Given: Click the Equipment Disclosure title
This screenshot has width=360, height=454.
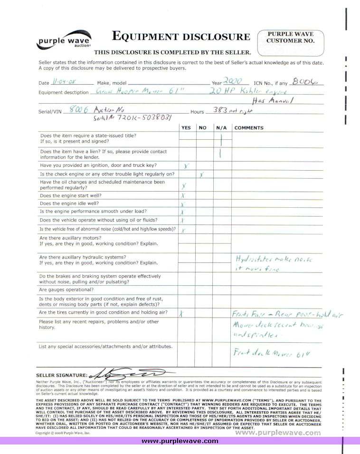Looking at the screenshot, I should pyautogui.click(x=180, y=37).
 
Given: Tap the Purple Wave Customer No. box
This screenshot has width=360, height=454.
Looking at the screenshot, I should pyautogui.click(x=291, y=43).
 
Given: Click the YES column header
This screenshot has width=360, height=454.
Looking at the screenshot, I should pyautogui.click(x=186, y=127).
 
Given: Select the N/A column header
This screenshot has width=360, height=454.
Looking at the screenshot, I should pyautogui.click(x=221, y=127).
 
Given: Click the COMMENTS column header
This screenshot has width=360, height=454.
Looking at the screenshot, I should pyautogui.click(x=249, y=127).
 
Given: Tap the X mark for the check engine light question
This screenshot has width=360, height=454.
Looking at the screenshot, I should pyautogui.click(x=202, y=174).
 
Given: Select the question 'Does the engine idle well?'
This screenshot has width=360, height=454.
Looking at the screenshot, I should pyautogui.click(x=69, y=203).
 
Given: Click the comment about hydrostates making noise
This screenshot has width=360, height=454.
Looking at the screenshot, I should pyautogui.click(x=274, y=263).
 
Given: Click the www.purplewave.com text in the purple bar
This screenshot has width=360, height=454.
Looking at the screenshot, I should pyautogui.click(x=180, y=441).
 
